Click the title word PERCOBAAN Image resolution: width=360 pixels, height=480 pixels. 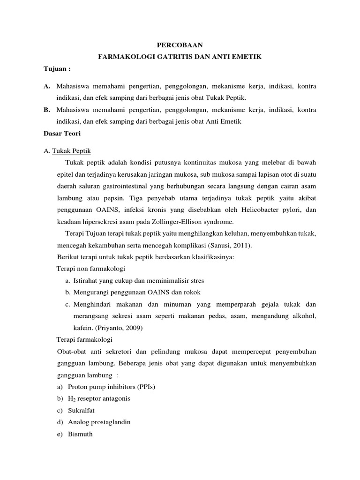coord(180,45)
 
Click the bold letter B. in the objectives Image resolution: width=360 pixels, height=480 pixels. coord(46,110)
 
